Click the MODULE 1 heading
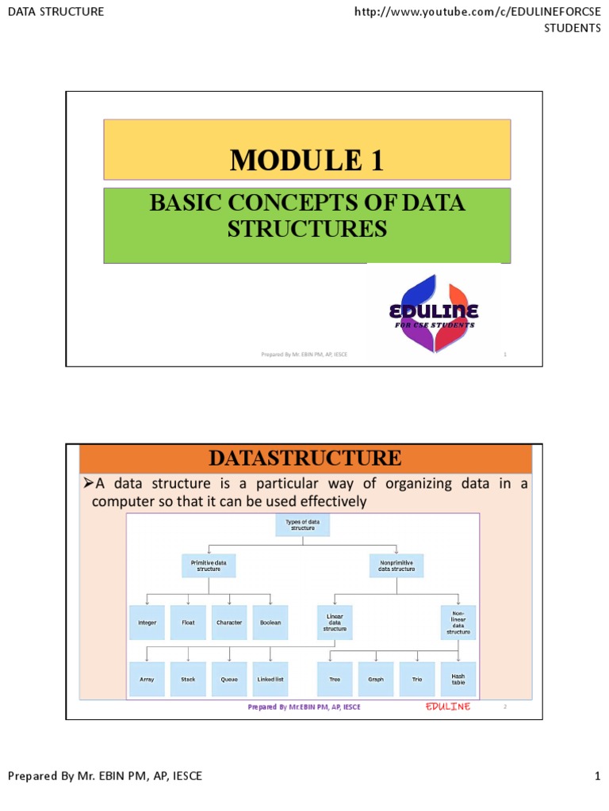(x=307, y=160)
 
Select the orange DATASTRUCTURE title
(x=304, y=458)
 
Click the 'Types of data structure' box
(x=302, y=524)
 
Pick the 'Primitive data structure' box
(x=209, y=565)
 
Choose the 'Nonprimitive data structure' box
(x=396, y=565)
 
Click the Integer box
(x=147, y=623)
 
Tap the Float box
(x=188, y=623)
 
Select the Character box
(x=229, y=623)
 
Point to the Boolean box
(x=270, y=623)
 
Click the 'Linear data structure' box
(x=335, y=623)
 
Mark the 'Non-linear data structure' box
(x=458, y=622)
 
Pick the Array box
(x=147, y=679)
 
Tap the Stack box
(x=188, y=679)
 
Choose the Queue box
(x=229, y=679)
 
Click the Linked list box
(x=270, y=679)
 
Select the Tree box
(x=335, y=679)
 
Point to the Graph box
(x=376, y=679)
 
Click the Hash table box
(x=458, y=679)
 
